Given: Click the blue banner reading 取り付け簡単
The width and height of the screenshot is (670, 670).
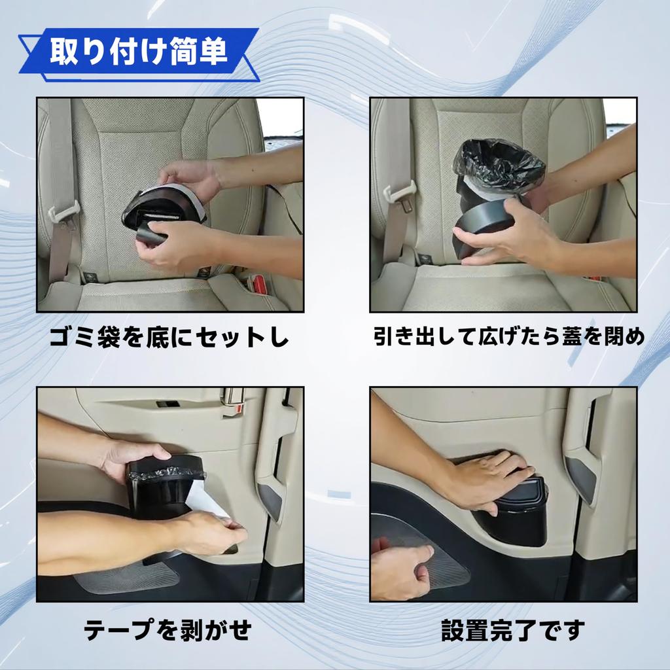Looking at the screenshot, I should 137,53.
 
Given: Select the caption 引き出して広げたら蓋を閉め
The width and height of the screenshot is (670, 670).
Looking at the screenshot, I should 509,337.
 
